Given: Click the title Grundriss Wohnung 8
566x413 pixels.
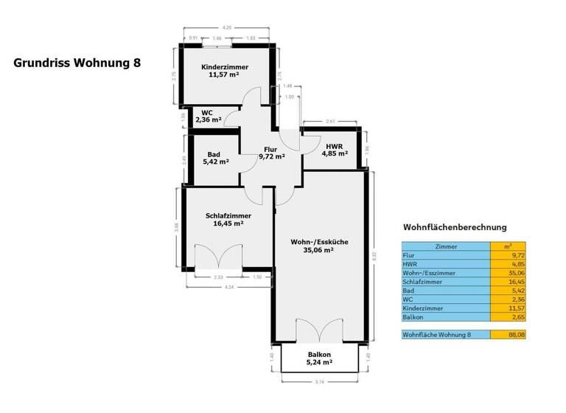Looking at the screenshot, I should click(x=77, y=63).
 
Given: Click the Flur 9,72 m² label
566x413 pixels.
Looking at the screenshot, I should click(x=271, y=153).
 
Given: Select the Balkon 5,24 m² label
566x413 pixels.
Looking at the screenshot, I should click(x=319, y=358).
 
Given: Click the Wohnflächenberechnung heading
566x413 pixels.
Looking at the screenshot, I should click(x=454, y=227).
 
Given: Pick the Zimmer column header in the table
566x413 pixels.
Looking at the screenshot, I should click(x=446, y=247).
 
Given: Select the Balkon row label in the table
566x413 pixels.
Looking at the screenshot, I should click(x=414, y=317).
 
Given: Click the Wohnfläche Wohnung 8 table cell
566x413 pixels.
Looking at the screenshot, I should click(x=445, y=335).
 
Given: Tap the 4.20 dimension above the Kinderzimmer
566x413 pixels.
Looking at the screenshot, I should click(x=228, y=27).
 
